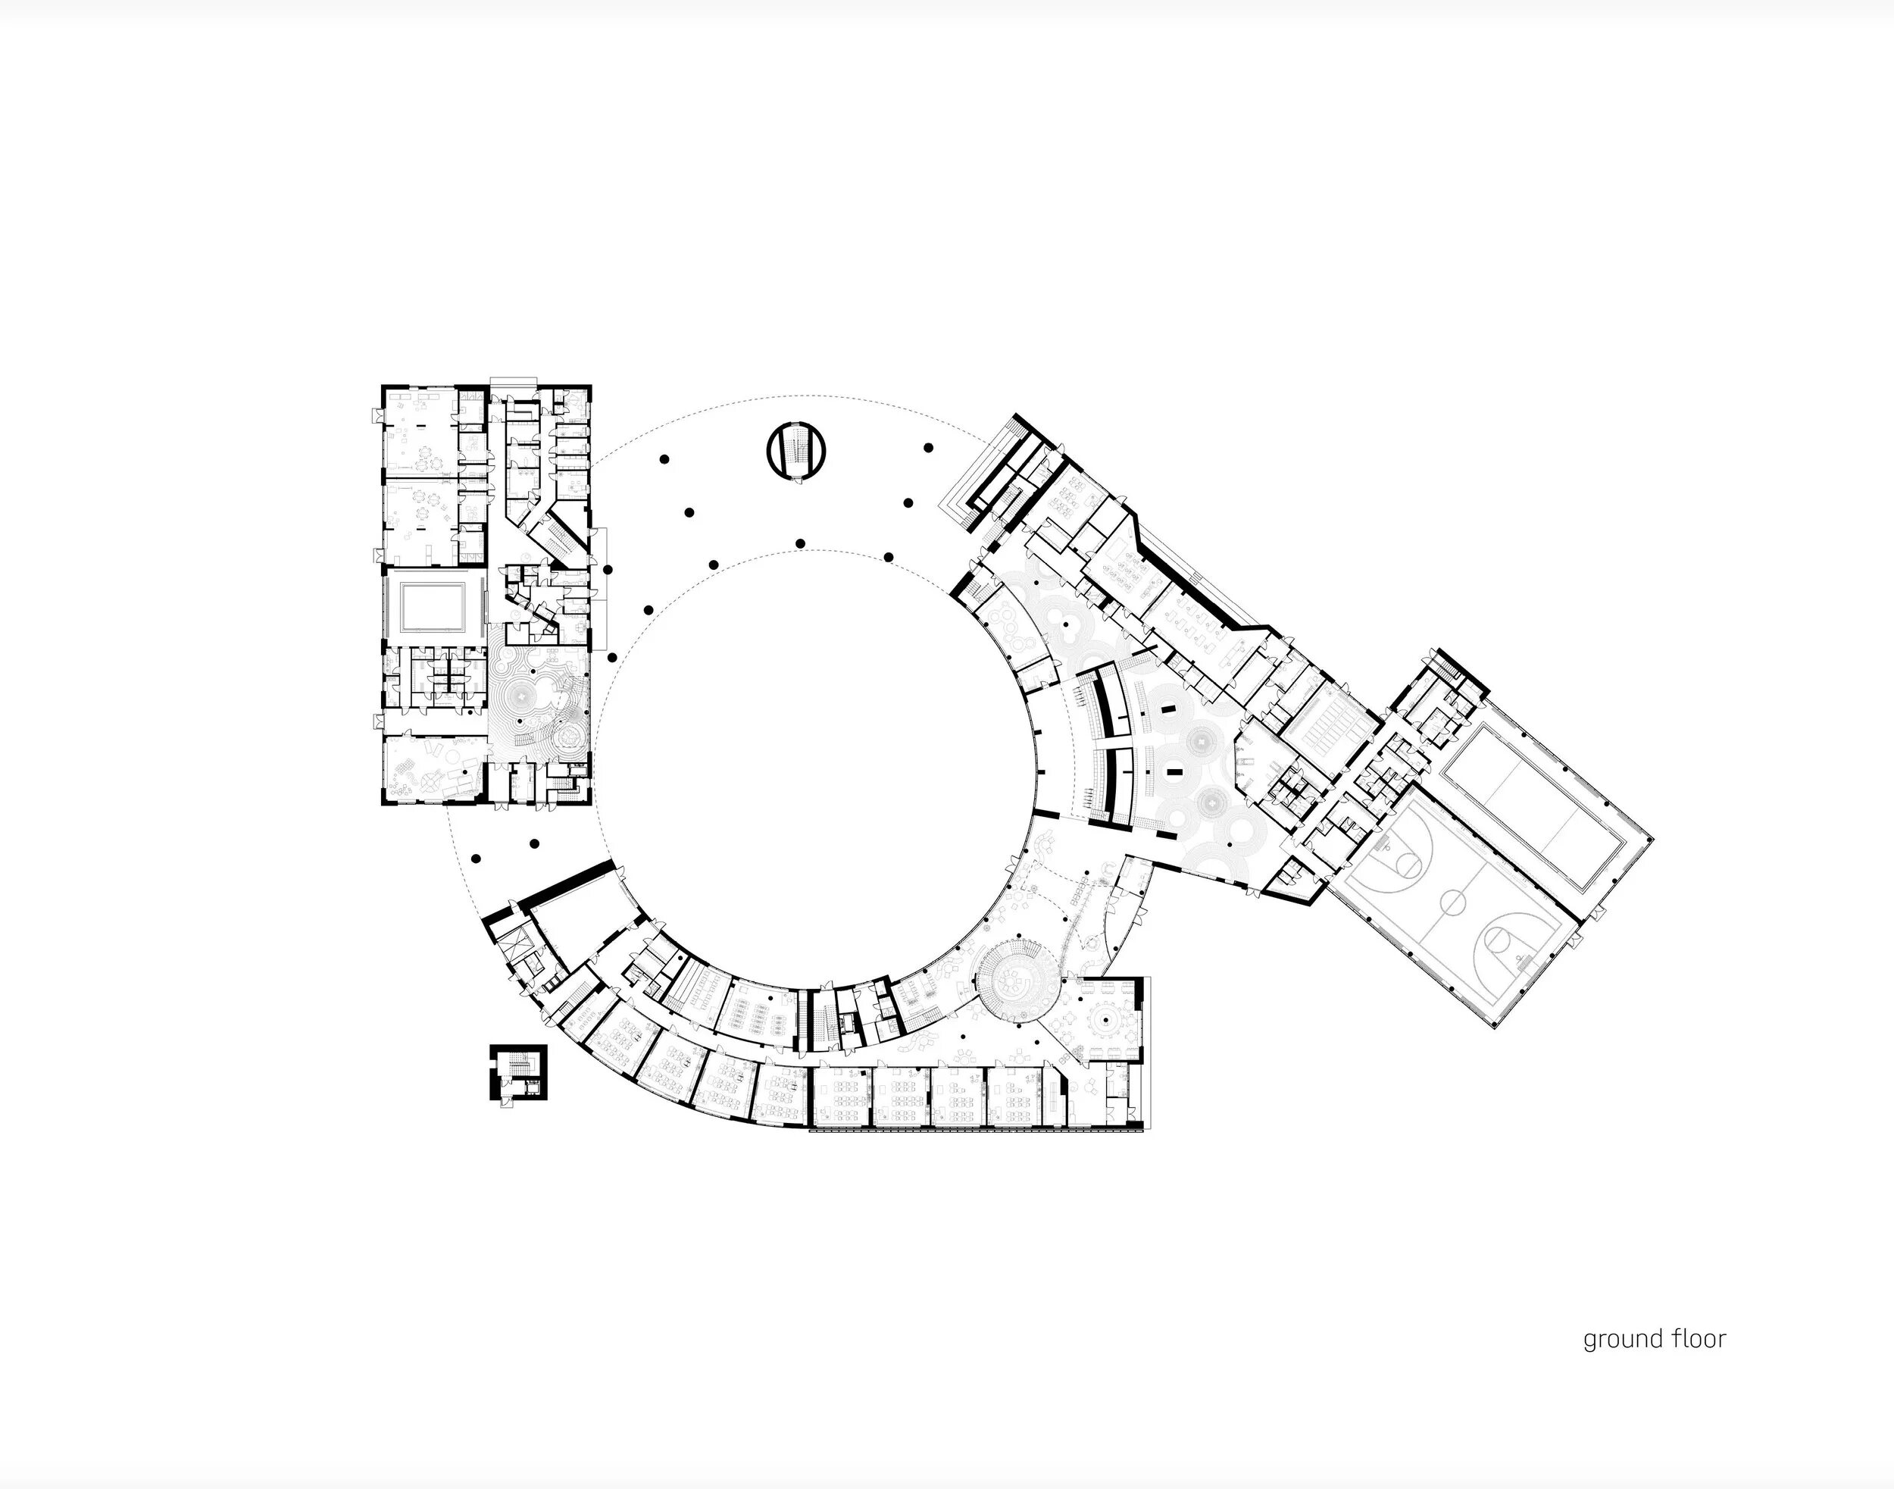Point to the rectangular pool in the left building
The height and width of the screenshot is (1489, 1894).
point(433,604)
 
